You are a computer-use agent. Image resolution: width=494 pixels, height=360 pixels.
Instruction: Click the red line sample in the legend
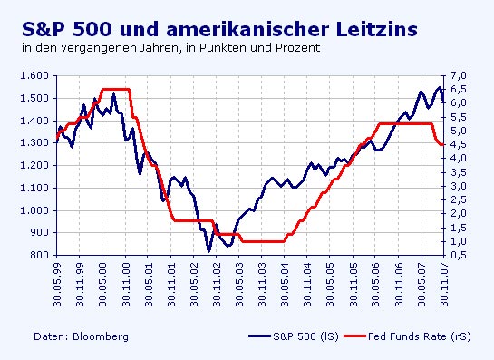tap(356, 336)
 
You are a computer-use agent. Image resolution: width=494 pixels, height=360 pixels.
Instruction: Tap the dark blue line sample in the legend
tap(257, 336)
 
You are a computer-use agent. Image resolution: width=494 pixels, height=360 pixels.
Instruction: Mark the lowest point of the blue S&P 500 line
tap(209, 250)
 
